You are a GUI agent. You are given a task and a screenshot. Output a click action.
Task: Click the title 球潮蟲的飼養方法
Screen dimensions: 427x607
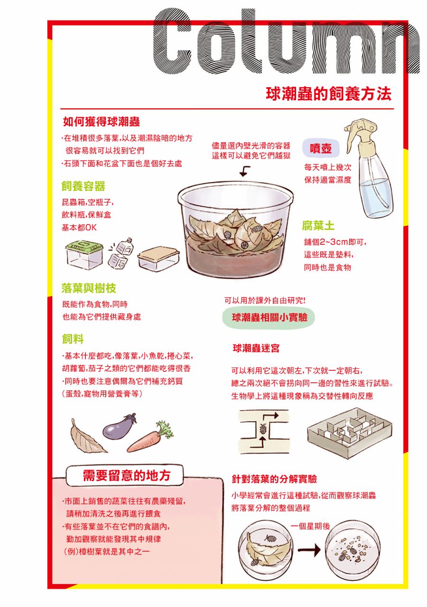click(x=329, y=94)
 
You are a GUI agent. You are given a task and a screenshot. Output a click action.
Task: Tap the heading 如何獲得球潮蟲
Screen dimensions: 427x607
click(x=102, y=122)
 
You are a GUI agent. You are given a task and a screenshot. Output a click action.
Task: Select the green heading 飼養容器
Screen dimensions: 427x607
click(x=83, y=186)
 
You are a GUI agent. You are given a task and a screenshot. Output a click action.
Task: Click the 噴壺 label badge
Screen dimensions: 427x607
click(x=321, y=148)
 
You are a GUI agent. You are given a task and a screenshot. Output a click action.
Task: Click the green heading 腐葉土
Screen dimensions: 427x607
click(x=318, y=226)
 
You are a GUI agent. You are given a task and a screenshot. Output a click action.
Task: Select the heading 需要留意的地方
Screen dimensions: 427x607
click(x=127, y=476)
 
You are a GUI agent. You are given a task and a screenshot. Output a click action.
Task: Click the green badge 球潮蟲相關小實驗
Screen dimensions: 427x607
click(x=269, y=317)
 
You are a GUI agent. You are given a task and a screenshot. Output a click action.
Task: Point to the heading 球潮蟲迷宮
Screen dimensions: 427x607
click(x=256, y=348)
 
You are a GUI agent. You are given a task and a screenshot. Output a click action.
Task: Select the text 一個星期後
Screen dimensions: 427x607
click(x=310, y=526)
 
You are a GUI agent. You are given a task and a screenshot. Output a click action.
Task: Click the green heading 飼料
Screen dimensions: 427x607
click(x=73, y=339)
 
